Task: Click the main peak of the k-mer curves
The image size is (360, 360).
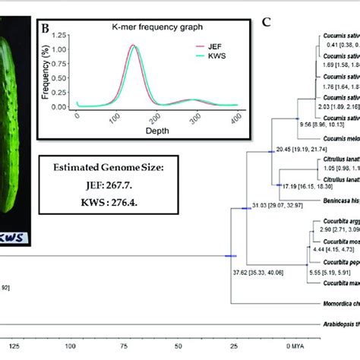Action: [x=114, y=47]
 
